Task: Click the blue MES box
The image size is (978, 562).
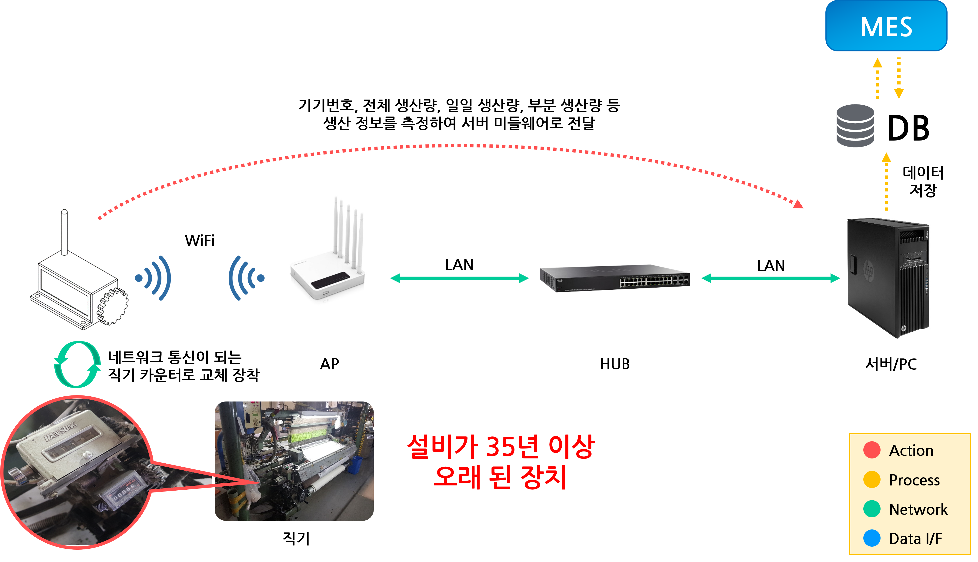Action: point(886,26)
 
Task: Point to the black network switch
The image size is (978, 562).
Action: point(615,278)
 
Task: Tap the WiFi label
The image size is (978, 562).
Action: point(200,241)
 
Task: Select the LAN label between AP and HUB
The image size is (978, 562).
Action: point(459,265)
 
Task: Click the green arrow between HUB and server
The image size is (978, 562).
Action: point(771,278)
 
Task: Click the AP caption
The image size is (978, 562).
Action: point(330,364)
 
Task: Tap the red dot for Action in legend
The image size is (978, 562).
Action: point(871,450)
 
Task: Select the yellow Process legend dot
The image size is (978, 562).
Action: point(871,479)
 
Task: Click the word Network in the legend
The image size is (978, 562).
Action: point(918,509)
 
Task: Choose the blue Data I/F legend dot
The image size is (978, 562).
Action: point(871,538)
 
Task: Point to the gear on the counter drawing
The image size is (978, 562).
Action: point(112,307)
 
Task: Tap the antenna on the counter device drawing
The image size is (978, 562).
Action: point(64,232)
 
